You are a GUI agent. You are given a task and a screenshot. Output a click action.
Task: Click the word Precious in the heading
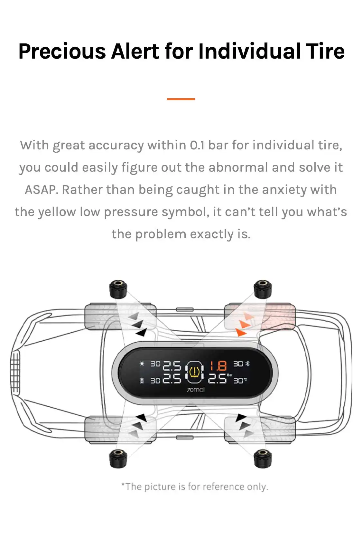click(62, 52)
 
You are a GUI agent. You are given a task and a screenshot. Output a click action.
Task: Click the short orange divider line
click(181, 99)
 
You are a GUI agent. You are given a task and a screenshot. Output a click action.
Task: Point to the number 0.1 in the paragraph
click(197, 145)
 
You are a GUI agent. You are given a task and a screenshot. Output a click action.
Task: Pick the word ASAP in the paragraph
click(42, 190)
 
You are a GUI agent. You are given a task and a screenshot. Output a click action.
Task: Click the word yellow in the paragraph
click(57, 212)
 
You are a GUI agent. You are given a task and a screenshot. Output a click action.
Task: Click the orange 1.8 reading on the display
click(218, 366)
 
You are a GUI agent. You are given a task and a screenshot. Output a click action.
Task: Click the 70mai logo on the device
click(196, 390)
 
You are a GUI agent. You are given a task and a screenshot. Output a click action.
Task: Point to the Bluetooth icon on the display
click(247, 364)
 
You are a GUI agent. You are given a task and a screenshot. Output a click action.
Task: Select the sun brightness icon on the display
click(142, 364)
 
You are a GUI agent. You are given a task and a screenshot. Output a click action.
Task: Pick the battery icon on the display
click(142, 381)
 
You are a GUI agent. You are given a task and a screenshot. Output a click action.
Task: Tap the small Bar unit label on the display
click(229, 375)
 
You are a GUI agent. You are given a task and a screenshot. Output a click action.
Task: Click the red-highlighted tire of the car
click(260, 317)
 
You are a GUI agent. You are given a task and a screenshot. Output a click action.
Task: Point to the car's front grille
click(15, 372)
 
